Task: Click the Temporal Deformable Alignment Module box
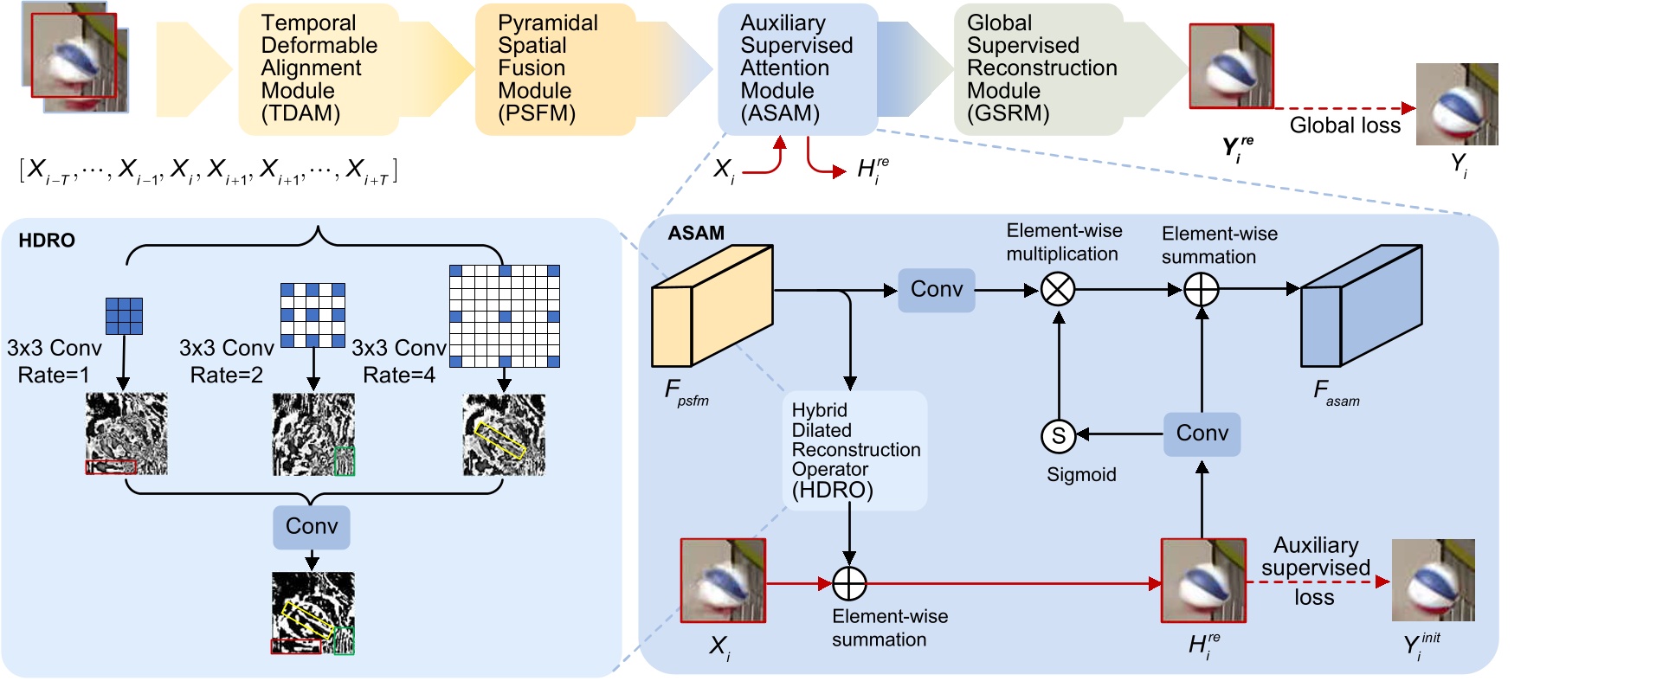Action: click(x=318, y=68)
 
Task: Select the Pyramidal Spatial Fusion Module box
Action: click(x=554, y=68)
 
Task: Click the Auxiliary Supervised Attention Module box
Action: click(x=797, y=68)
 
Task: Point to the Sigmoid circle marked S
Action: click(x=1058, y=435)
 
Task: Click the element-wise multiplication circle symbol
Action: click(x=1058, y=290)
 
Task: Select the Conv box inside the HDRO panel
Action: click(x=312, y=527)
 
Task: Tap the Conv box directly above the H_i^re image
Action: click(x=1202, y=434)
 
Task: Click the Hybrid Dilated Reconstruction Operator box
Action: click(x=854, y=450)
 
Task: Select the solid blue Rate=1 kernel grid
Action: click(x=124, y=316)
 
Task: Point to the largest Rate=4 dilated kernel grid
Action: click(x=504, y=316)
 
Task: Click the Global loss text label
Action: click(x=1344, y=125)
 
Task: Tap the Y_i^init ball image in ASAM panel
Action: click(x=1433, y=580)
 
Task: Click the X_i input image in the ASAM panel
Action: click(x=723, y=580)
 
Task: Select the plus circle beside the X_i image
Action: click(x=849, y=584)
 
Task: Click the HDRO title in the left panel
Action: click(x=47, y=241)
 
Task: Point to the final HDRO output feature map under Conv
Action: click(x=313, y=613)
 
